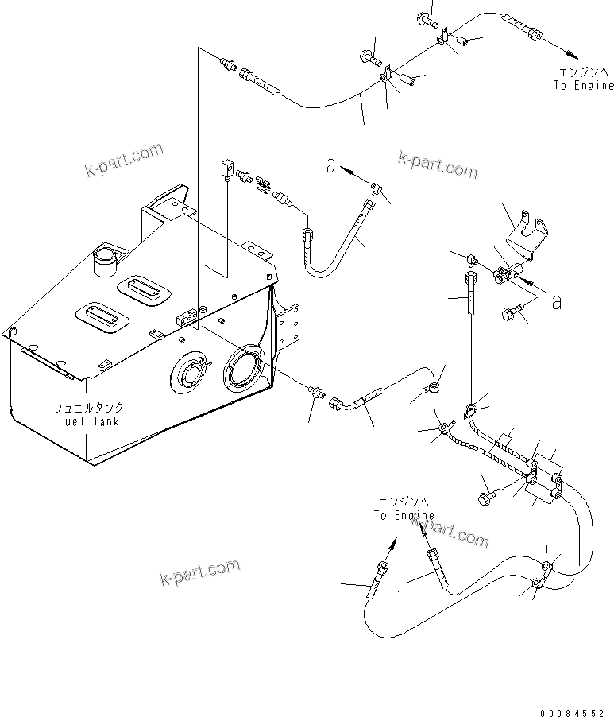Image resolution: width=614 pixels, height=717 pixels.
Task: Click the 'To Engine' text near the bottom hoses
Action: (404, 515)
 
